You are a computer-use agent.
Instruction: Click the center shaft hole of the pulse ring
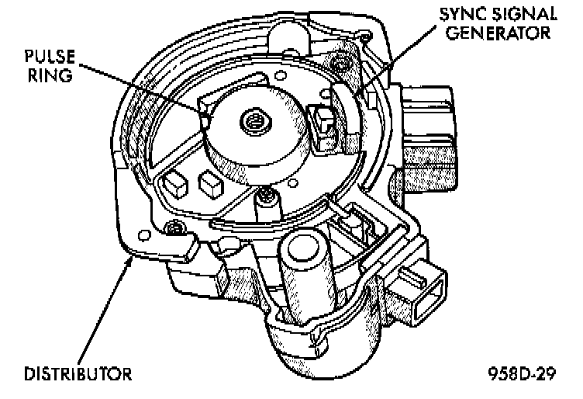253,120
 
